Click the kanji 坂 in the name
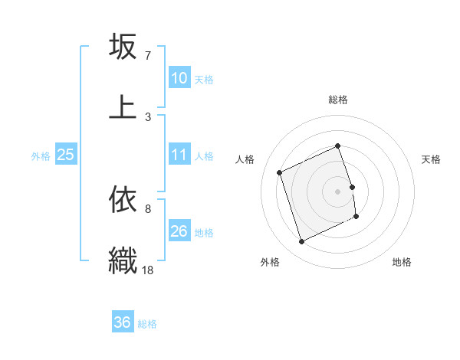[x=123, y=47]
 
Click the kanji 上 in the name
[x=123, y=106]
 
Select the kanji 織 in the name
[x=123, y=258]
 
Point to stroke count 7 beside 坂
[x=148, y=56]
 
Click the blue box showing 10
[x=179, y=78]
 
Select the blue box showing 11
[x=179, y=155]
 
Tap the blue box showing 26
[x=179, y=231]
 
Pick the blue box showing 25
[x=66, y=155]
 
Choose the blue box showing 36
[x=123, y=323]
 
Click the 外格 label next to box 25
[x=41, y=156]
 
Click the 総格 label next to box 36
[x=147, y=324]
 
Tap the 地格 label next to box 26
[x=204, y=232]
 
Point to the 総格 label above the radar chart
[x=338, y=100]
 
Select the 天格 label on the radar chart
[x=432, y=159]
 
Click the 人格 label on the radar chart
[x=245, y=159]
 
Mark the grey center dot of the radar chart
[x=338, y=191]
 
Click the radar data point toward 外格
[x=301, y=242]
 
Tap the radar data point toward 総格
[x=338, y=146]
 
